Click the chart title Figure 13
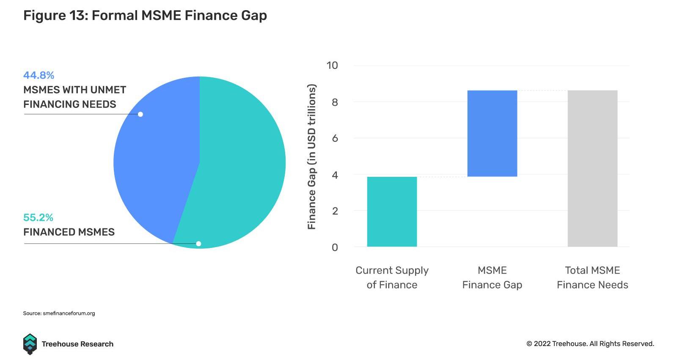pyautogui.click(x=145, y=16)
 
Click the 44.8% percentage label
pyautogui.click(x=39, y=75)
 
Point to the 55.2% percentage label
pyautogui.click(x=38, y=217)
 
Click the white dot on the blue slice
pyautogui.click(x=140, y=114)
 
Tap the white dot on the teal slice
pyautogui.click(x=198, y=244)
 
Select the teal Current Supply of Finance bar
pyautogui.click(x=392, y=212)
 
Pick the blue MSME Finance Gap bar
pyautogui.click(x=492, y=133)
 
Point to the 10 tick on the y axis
pyautogui.click(x=332, y=66)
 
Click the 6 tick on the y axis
pyautogui.click(x=335, y=138)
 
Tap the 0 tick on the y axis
pyautogui.click(x=335, y=247)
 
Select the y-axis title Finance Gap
pyautogui.click(x=312, y=157)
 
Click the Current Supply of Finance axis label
pyautogui.click(x=392, y=278)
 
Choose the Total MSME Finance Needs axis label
pyautogui.click(x=592, y=278)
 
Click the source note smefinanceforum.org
pyautogui.click(x=59, y=313)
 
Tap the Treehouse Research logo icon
pyautogui.click(x=30, y=344)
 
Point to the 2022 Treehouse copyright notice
pyautogui.click(x=590, y=344)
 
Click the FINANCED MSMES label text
pyautogui.click(x=69, y=232)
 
